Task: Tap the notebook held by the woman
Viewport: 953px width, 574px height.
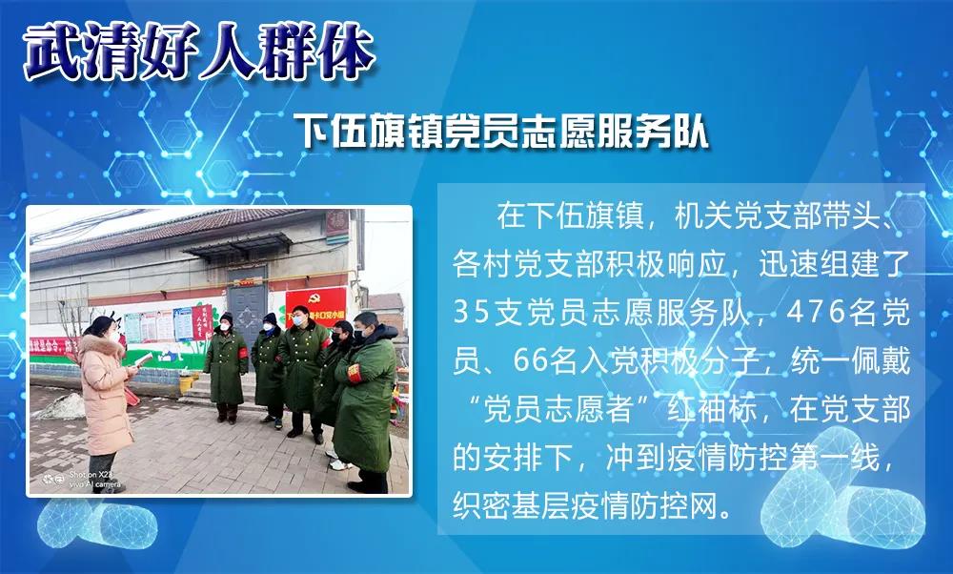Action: click(139, 361)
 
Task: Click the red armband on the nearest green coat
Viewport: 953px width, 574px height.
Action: click(354, 374)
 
